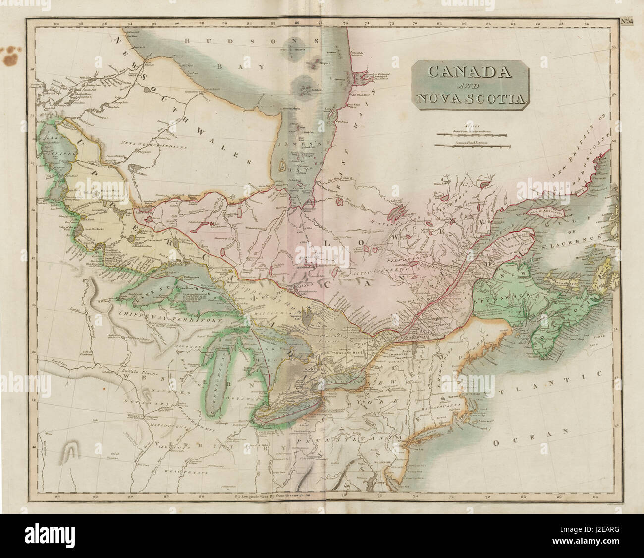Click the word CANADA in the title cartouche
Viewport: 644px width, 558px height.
(469, 71)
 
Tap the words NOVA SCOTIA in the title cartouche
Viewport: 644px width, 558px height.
(470, 98)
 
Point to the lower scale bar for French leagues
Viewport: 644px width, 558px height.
(471, 145)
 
